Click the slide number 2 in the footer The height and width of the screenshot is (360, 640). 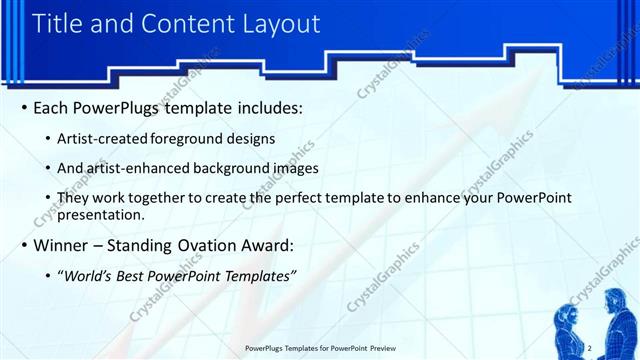point(591,347)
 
